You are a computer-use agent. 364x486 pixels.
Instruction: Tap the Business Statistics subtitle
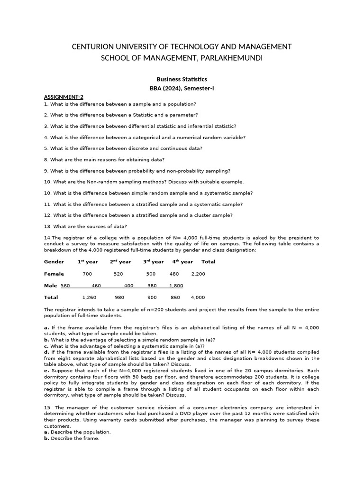[x=182, y=79]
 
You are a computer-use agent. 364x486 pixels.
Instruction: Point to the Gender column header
[x=54, y=262]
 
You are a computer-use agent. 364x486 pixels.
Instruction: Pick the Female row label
[x=54, y=274]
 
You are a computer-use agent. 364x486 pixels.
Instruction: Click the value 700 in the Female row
[x=87, y=274]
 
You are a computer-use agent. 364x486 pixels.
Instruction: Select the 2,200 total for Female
[x=198, y=274]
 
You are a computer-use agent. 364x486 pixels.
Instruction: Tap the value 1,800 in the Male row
[x=176, y=286]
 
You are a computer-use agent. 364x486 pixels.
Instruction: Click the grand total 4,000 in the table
[x=198, y=298]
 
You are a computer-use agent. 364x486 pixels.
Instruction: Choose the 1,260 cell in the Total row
[x=89, y=298]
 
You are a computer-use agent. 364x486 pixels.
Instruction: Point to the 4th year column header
[x=182, y=262]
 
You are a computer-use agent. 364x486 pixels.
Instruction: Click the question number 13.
[x=47, y=226]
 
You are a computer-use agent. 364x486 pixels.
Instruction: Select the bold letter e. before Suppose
[x=46, y=370]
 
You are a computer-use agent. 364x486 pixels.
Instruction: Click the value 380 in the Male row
[x=152, y=286]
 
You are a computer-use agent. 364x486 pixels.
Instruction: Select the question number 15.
[x=48, y=407]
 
